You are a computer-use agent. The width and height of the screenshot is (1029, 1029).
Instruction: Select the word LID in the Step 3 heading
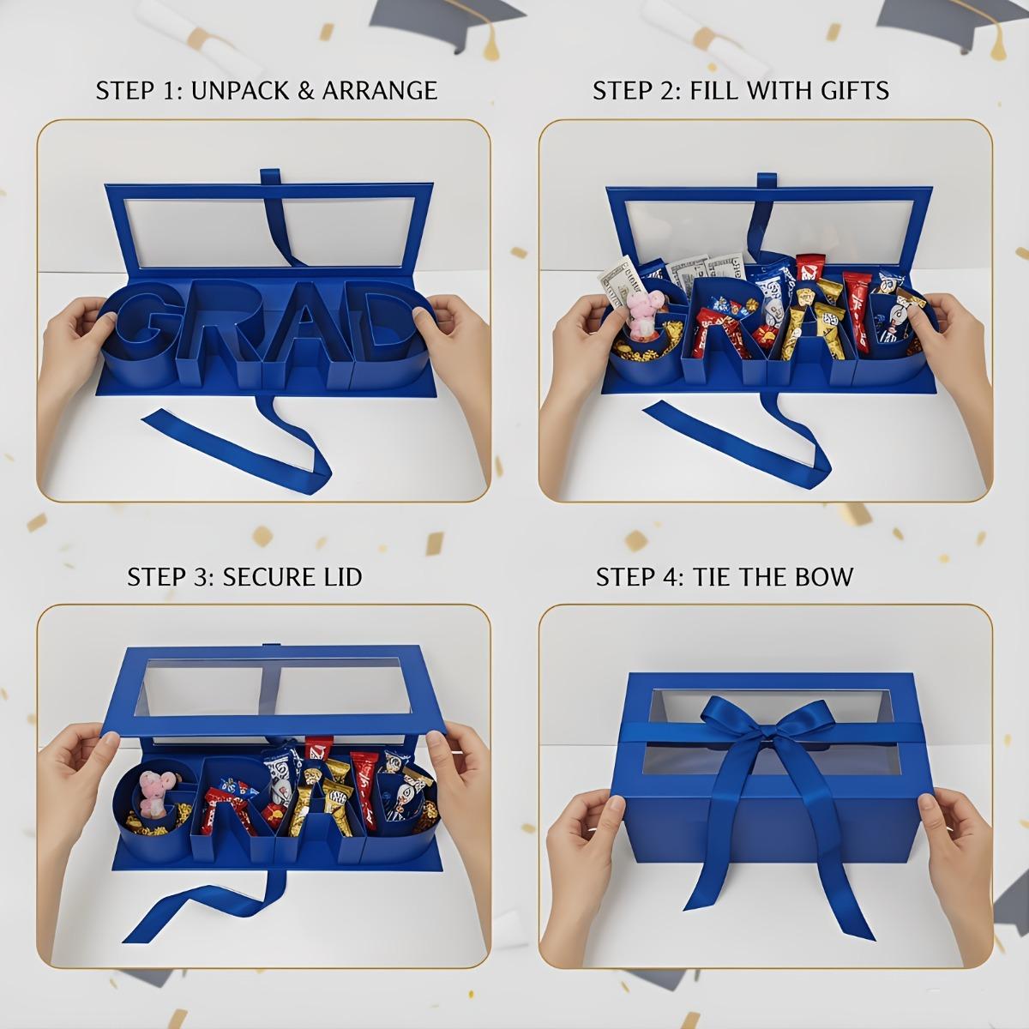340,576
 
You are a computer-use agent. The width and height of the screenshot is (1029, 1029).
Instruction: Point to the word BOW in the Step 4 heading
825,576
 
